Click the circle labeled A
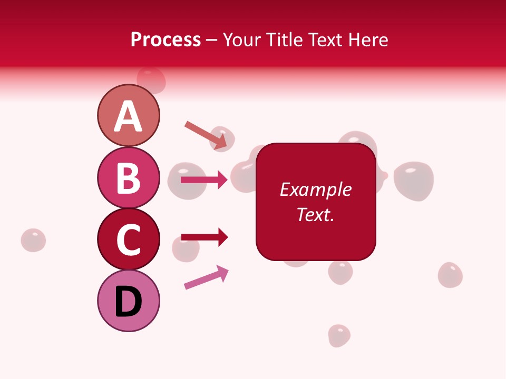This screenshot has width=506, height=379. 128,115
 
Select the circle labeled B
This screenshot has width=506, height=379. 128,177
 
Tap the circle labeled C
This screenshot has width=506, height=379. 128,239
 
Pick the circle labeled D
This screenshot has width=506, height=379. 128,301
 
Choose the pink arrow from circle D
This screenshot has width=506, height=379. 206,278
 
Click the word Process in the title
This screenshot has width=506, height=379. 166,39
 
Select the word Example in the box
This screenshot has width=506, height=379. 316,189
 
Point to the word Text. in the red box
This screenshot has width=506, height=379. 316,214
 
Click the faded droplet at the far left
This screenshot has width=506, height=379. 33,240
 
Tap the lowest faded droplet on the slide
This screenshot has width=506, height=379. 339,336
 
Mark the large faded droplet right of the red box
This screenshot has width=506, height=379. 413,181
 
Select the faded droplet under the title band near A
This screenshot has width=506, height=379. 151,79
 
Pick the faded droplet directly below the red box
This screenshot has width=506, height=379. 340,272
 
